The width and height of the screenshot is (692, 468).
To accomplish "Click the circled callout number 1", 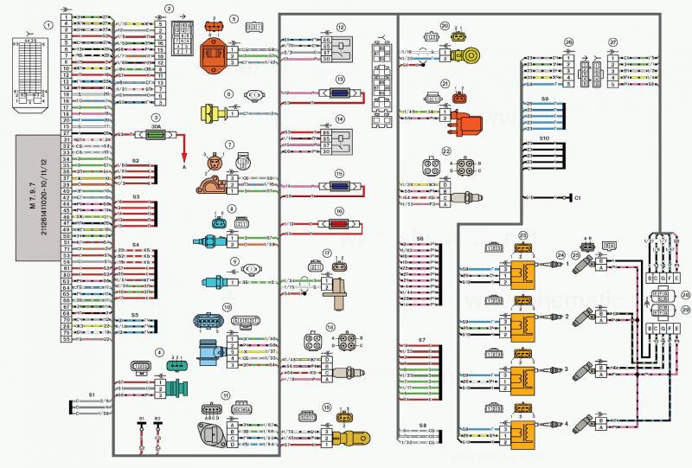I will coord(48,26).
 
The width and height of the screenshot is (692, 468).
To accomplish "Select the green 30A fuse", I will coord(156,135).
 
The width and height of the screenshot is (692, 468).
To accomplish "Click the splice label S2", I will coord(136,162).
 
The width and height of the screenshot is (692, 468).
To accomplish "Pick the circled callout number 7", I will coord(230,144).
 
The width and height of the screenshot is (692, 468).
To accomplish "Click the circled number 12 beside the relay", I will coord(341,27).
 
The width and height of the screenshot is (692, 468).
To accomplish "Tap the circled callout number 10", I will coord(226,306).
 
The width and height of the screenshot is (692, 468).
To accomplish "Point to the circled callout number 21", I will coord(445,84).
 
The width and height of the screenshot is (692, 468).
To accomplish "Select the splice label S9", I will coord(544,99).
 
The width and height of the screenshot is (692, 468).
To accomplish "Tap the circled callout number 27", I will coord(612,42).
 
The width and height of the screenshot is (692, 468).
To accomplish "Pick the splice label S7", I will coord(421,340).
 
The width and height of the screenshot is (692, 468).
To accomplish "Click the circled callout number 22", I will coord(446,151).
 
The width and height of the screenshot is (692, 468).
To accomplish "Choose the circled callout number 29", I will coord(686,307).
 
